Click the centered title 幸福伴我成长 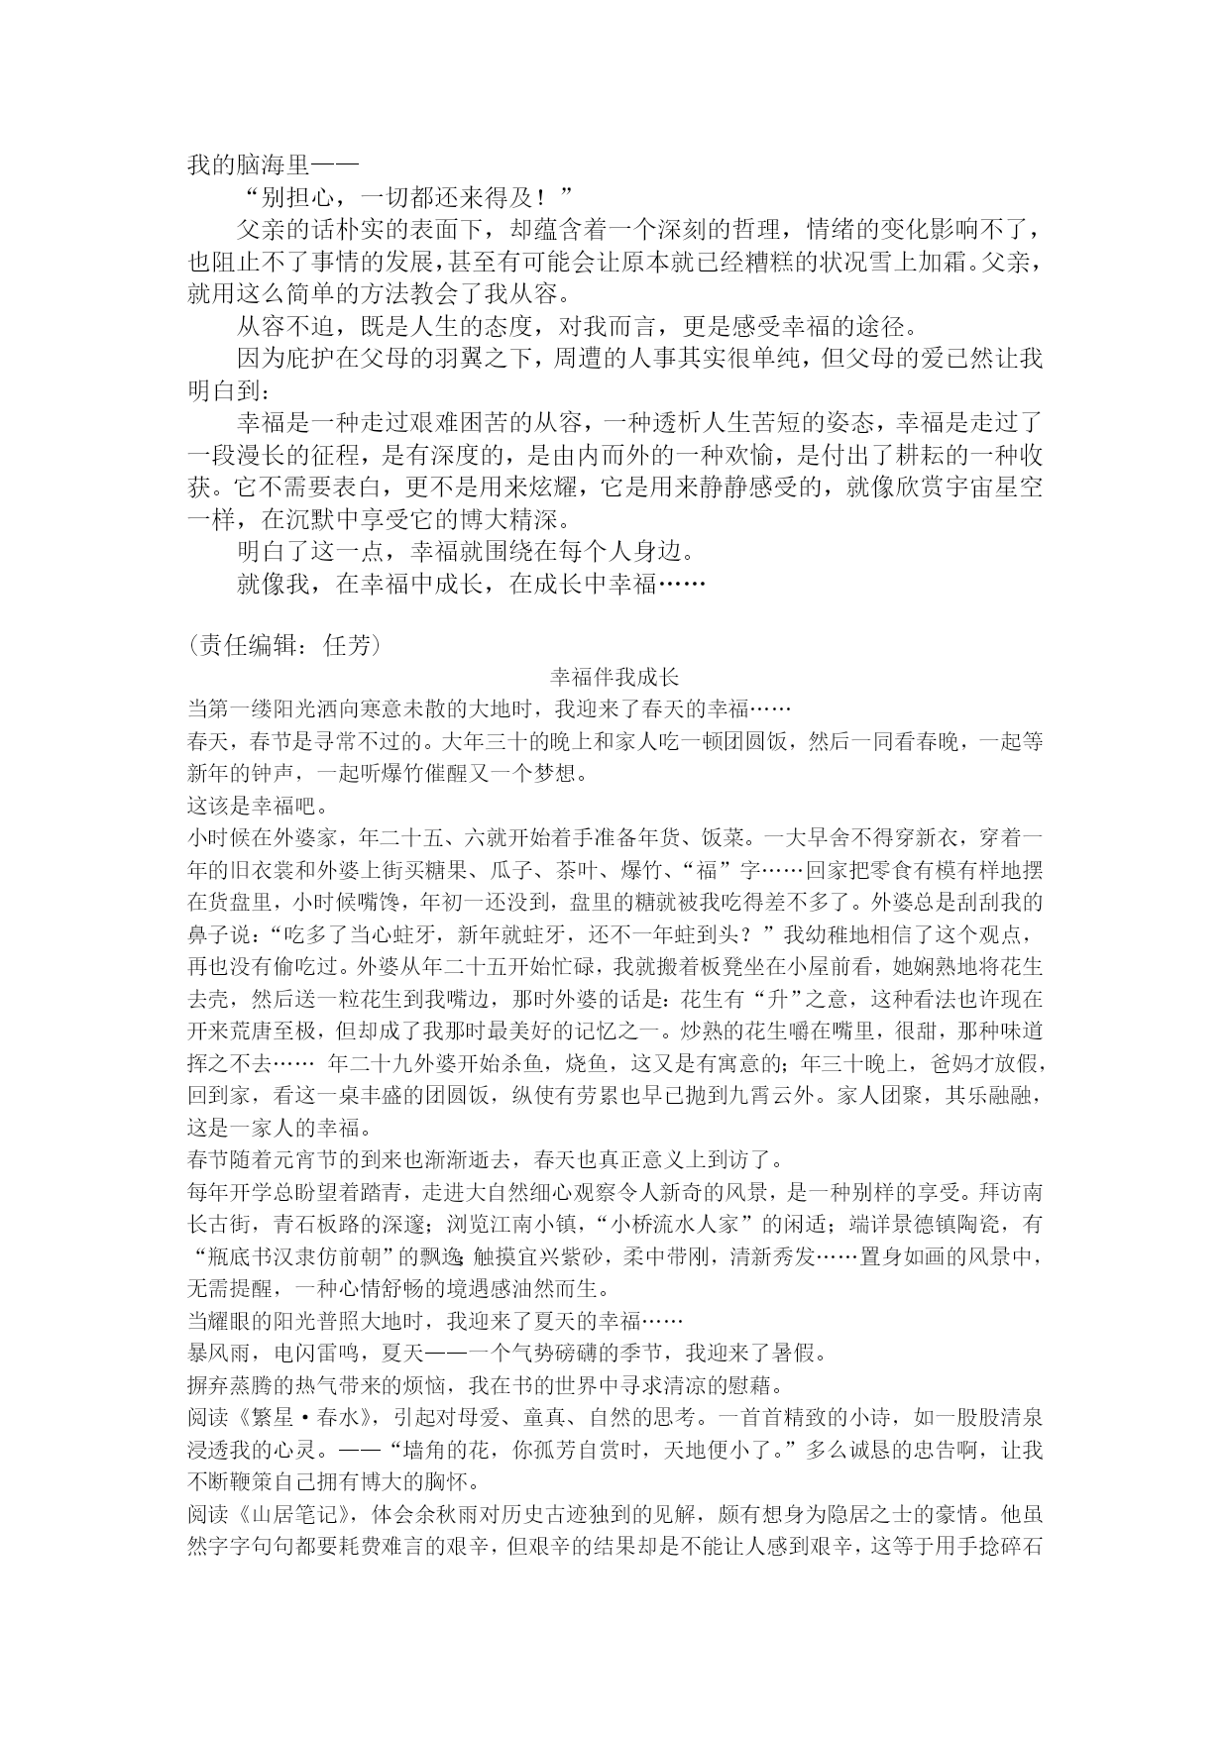(615, 678)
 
